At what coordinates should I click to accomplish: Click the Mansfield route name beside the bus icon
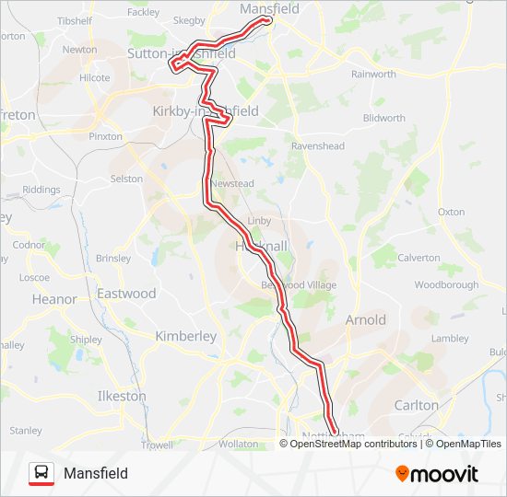click(x=96, y=474)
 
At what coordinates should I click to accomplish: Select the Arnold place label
click(x=365, y=320)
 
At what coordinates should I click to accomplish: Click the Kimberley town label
click(x=186, y=336)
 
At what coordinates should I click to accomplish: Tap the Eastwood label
click(x=127, y=294)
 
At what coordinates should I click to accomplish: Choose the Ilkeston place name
click(x=122, y=397)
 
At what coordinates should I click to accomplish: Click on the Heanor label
click(x=54, y=299)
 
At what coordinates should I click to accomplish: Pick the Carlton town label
click(x=416, y=405)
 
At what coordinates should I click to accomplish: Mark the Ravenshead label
click(x=318, y=145)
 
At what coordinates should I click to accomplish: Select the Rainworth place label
click(x=373, y=75)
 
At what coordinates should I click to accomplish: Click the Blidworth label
click(x=384, y=118)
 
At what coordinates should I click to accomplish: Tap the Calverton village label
click(x=419, y=258)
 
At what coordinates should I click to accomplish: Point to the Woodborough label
click(x=446, y=285)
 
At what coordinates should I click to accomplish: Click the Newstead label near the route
click(x=231, y=184)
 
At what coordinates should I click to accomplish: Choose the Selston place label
click(x=127, y=179)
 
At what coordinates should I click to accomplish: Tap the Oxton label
click(x=452, y=212)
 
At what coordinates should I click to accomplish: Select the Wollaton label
click(x=238, y=444)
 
